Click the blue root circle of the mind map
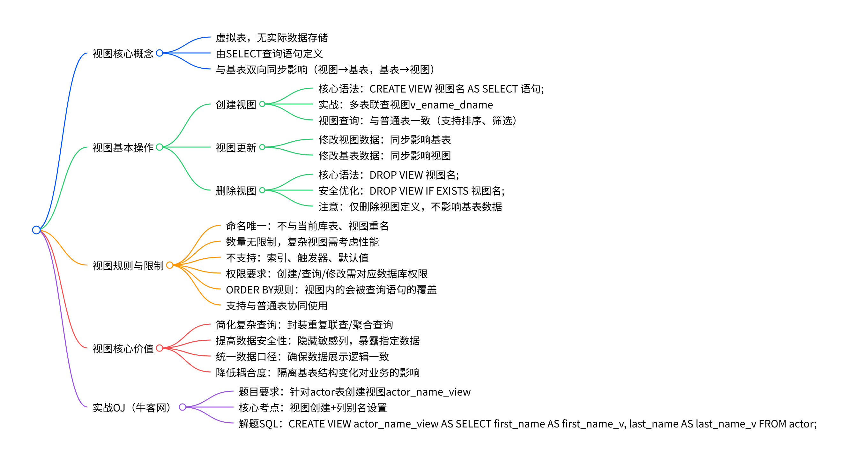(x=36, y=230)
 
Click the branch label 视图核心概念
(x=123, y=54)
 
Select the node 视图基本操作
(x=123, y=148)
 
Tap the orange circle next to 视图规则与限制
(x=169, y=265)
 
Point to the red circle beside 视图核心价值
(x=159, y=348)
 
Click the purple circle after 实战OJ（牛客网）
(x=182, y=407)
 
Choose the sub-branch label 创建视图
(x=236, y=105)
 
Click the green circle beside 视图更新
(x=262, y=147)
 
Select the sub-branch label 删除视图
(x=236, y=191)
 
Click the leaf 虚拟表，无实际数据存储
(x=272, y=38)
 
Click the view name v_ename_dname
(x=452, y=105)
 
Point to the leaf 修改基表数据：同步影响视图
(x=384, y=156)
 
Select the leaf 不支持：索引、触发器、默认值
(x=297, y=258)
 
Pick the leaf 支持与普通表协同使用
(x=277, y=306)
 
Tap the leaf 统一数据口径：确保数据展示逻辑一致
(x=302, y=357)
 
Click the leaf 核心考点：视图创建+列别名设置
(x=313, y=408)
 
